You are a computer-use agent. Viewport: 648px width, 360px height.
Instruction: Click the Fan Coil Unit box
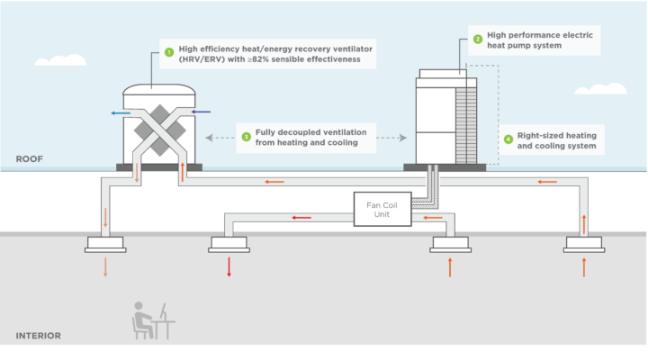coord(382,209)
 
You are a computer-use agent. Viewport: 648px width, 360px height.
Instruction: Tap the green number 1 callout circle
coord(167,52)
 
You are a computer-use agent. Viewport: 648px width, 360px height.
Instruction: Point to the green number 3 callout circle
coord(246,137)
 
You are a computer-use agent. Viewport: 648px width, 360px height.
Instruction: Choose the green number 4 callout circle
coord(508,139)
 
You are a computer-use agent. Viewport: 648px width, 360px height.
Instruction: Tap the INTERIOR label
coord(38,336)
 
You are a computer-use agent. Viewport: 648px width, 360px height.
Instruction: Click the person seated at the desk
coord(143,317)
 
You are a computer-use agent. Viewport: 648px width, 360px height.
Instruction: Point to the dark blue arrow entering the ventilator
coord(202,113)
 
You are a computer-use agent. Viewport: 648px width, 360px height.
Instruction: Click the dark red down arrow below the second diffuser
coord(229,266)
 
